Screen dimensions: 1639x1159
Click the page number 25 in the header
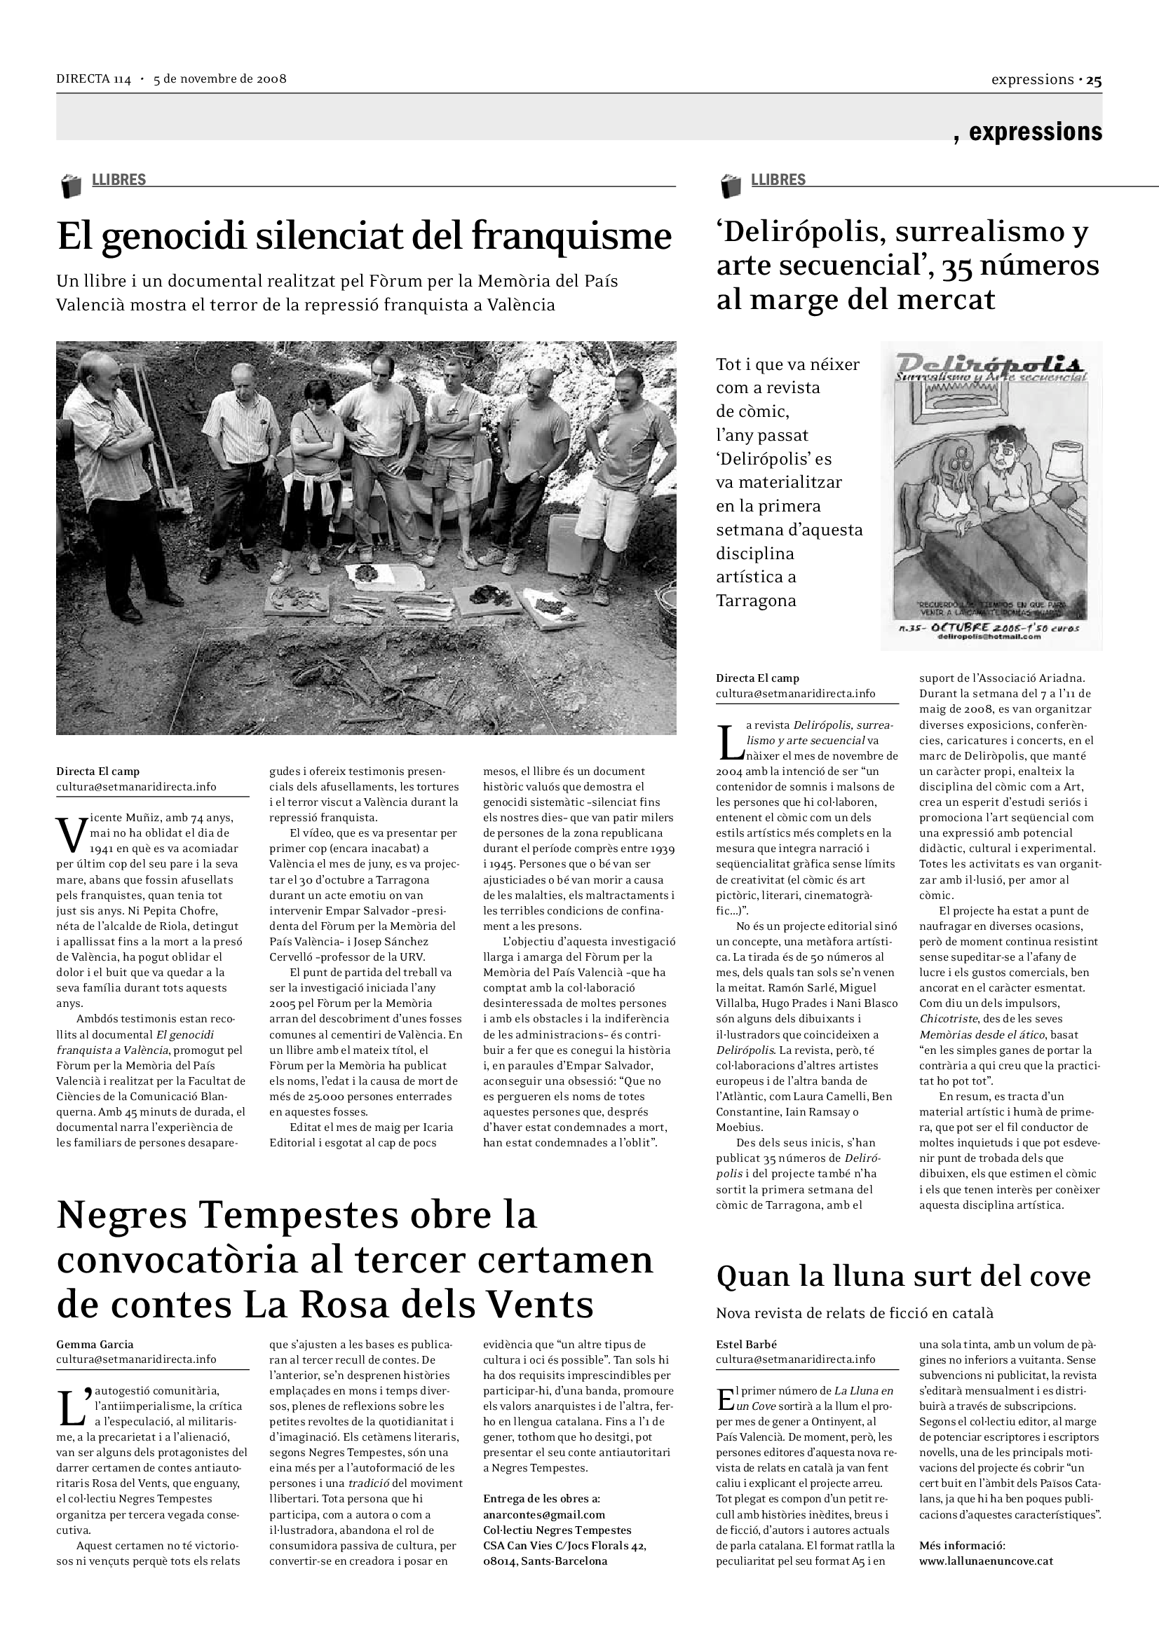[x=1094, y=81]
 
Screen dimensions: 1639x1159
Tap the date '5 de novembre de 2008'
[x=220, y=78]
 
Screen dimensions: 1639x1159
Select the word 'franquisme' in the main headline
[x=571, y=236]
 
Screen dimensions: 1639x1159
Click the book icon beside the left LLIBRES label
[x=71, y=186]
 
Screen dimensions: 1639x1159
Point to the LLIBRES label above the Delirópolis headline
[x=778, y=180]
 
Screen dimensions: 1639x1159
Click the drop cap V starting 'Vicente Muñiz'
[x=71, y=834]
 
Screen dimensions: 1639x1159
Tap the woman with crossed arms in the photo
[x=311, y=464]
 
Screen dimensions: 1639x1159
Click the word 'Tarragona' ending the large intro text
[x=756, y=601]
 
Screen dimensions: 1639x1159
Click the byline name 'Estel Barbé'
[x=746, y=1344]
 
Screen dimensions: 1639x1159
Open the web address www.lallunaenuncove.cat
[x=987, y=1561]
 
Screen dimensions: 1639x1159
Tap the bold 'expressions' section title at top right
[x=1035, y=131]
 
